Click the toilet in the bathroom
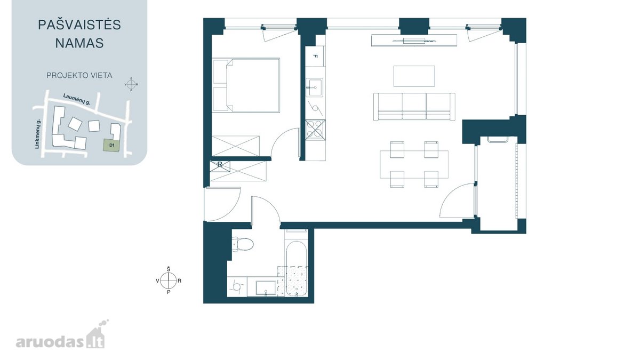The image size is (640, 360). [x=243, y=244]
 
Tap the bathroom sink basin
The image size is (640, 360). [x=266, y=287]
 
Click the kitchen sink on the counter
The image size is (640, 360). [x=314, y=87]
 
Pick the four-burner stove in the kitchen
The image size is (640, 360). [x=315, y=130]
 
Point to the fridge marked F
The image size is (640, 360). [x=315, y=57]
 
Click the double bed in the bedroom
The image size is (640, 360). [x=246, y=85]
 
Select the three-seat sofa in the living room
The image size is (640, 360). [x=414, y=107]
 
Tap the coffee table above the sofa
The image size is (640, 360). [x=414, y=76]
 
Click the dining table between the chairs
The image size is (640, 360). [x=414, y=164]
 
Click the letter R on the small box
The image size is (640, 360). [x=220, y=164]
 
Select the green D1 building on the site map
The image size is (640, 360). [x=112, y=145]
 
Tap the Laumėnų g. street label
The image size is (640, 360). [x=77, y=99]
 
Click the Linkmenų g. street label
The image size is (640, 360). [x=37, y=134]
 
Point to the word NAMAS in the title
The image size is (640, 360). [x=79, y=43]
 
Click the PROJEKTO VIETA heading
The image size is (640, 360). [x=79, y=75]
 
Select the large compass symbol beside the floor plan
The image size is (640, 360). [x=169, y=281]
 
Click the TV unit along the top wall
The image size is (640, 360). [x=414, y=41]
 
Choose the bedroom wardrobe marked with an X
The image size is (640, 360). [x=236, y=146]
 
